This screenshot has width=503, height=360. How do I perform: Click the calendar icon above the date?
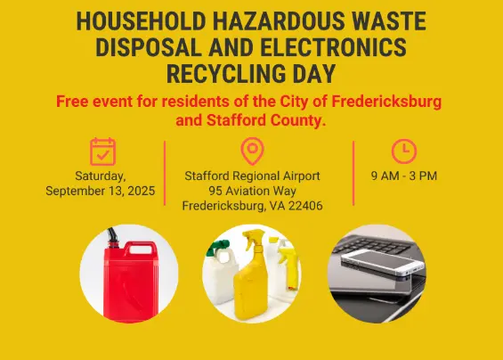coord(102,151)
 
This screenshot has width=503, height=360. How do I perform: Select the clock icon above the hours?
coord(404,151)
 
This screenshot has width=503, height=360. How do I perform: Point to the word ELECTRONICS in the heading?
coord(333,47)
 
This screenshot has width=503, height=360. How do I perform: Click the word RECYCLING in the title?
coord(226,74)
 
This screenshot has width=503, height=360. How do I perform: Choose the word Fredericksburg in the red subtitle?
coord(386,102)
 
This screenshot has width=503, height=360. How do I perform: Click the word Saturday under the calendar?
coord(101,176)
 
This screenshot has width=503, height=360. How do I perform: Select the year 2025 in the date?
coord(142,191)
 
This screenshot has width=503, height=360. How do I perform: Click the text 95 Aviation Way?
coord(253,191)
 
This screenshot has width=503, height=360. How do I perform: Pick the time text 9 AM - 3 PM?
coord(404,176)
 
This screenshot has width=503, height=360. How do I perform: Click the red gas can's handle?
coord(141,248)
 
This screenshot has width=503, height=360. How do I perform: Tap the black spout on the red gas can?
coord(113,237)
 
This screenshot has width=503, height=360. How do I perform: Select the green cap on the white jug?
coord(215,248)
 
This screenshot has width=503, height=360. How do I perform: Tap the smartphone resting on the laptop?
coord(384,262)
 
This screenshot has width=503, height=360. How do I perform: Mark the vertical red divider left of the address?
coord(165,173)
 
